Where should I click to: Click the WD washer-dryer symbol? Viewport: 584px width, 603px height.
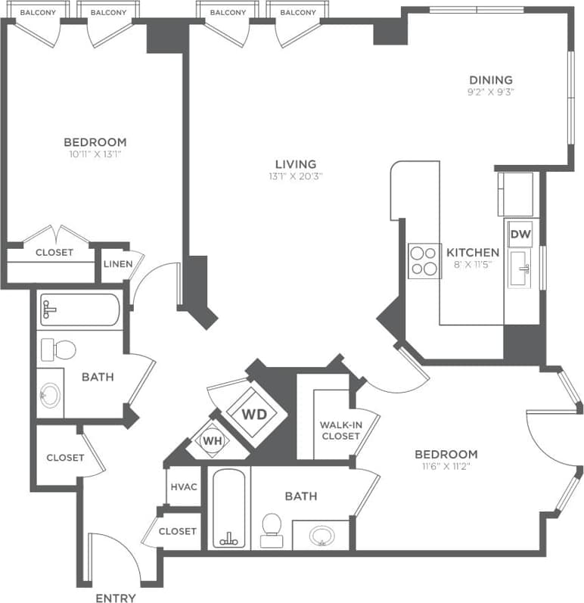[255, 414]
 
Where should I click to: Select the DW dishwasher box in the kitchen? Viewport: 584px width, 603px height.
[520, 235]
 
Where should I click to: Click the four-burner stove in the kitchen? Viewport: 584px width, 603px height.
[424, 260]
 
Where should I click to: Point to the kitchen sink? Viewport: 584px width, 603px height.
[520, 269]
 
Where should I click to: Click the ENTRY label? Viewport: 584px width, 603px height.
[116, 598]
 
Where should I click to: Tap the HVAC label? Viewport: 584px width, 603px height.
[184, 486]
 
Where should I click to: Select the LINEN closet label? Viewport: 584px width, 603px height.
[118, 264]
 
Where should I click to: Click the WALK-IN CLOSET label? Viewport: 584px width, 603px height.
[340, 430]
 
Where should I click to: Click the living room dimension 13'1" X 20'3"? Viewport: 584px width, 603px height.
[295, 176]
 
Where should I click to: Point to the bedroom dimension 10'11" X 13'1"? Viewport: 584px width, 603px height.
[95, 154]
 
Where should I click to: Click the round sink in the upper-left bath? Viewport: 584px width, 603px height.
[51, 395]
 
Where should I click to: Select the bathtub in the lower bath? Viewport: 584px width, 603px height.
[228, 508]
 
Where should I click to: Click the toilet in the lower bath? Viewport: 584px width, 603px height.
[271, 529]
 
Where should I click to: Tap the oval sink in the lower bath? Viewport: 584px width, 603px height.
[322, 535]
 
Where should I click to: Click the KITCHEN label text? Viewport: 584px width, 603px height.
[472, 253]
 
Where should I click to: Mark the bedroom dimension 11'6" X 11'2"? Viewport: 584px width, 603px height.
[446, 467]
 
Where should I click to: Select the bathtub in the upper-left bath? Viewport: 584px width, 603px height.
[79, 309]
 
